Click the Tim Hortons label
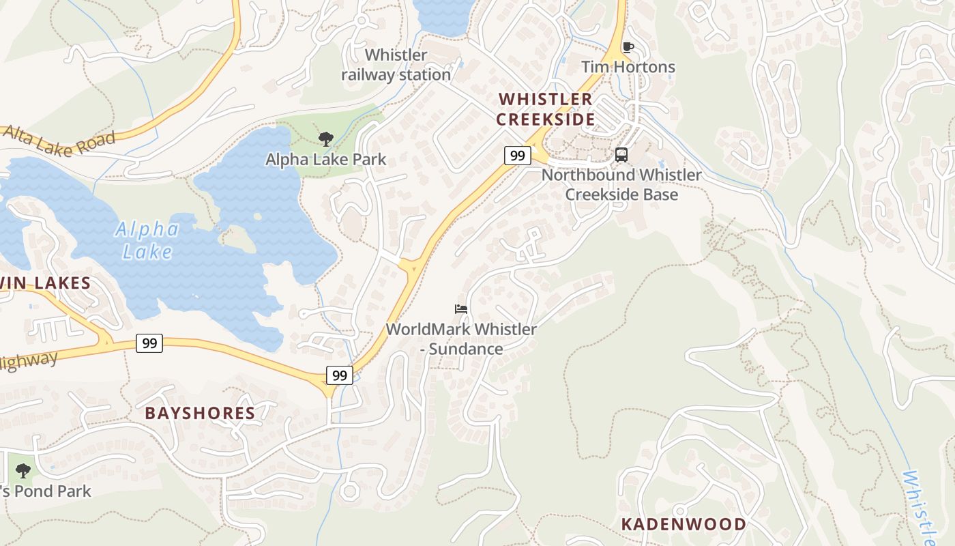[628, 67]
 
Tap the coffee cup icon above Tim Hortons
[628, 47]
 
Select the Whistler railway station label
[396, 65]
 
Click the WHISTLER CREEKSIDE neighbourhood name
[545, 109]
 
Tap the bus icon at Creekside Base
[621, 155]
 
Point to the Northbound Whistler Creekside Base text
[621, 184]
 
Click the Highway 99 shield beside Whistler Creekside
[518, 156]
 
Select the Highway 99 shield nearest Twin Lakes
[149, 343]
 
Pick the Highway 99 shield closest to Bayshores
[339, 375]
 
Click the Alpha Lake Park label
[325, 160]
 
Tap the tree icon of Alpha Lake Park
[325, 139]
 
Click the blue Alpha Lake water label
[147, 240]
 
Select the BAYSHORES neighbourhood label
[200, 413]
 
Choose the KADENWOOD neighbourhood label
[684, 524]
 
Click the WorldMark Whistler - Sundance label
[461, 339]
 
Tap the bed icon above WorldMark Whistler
[461, 309]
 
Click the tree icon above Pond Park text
[23, 470]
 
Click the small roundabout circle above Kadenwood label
[679, 511]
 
